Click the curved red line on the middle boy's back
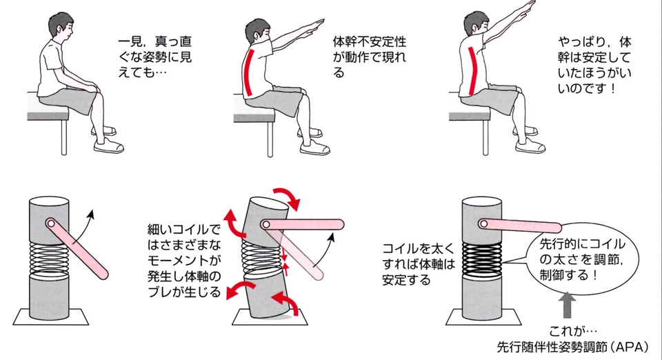[x=248, y=72]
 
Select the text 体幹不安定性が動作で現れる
[x=370, y=57]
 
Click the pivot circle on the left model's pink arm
[x=50, y=223]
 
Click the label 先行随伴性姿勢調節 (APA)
[x=572, y=347]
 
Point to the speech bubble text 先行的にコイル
[x=582, y=244]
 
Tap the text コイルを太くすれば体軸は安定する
[x=419, y=264]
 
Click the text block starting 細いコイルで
[x=184, y=261]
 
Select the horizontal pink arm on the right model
[x=520, y=226]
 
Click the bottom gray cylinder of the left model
[x=49, y=297]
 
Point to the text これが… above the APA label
[x=573, y=330]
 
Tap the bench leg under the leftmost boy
[x=64, y=137]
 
